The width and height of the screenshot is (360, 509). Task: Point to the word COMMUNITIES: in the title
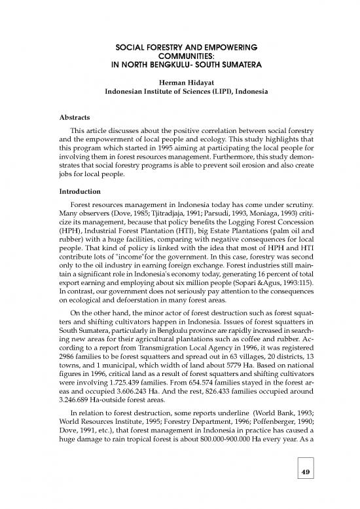[179, 57]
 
